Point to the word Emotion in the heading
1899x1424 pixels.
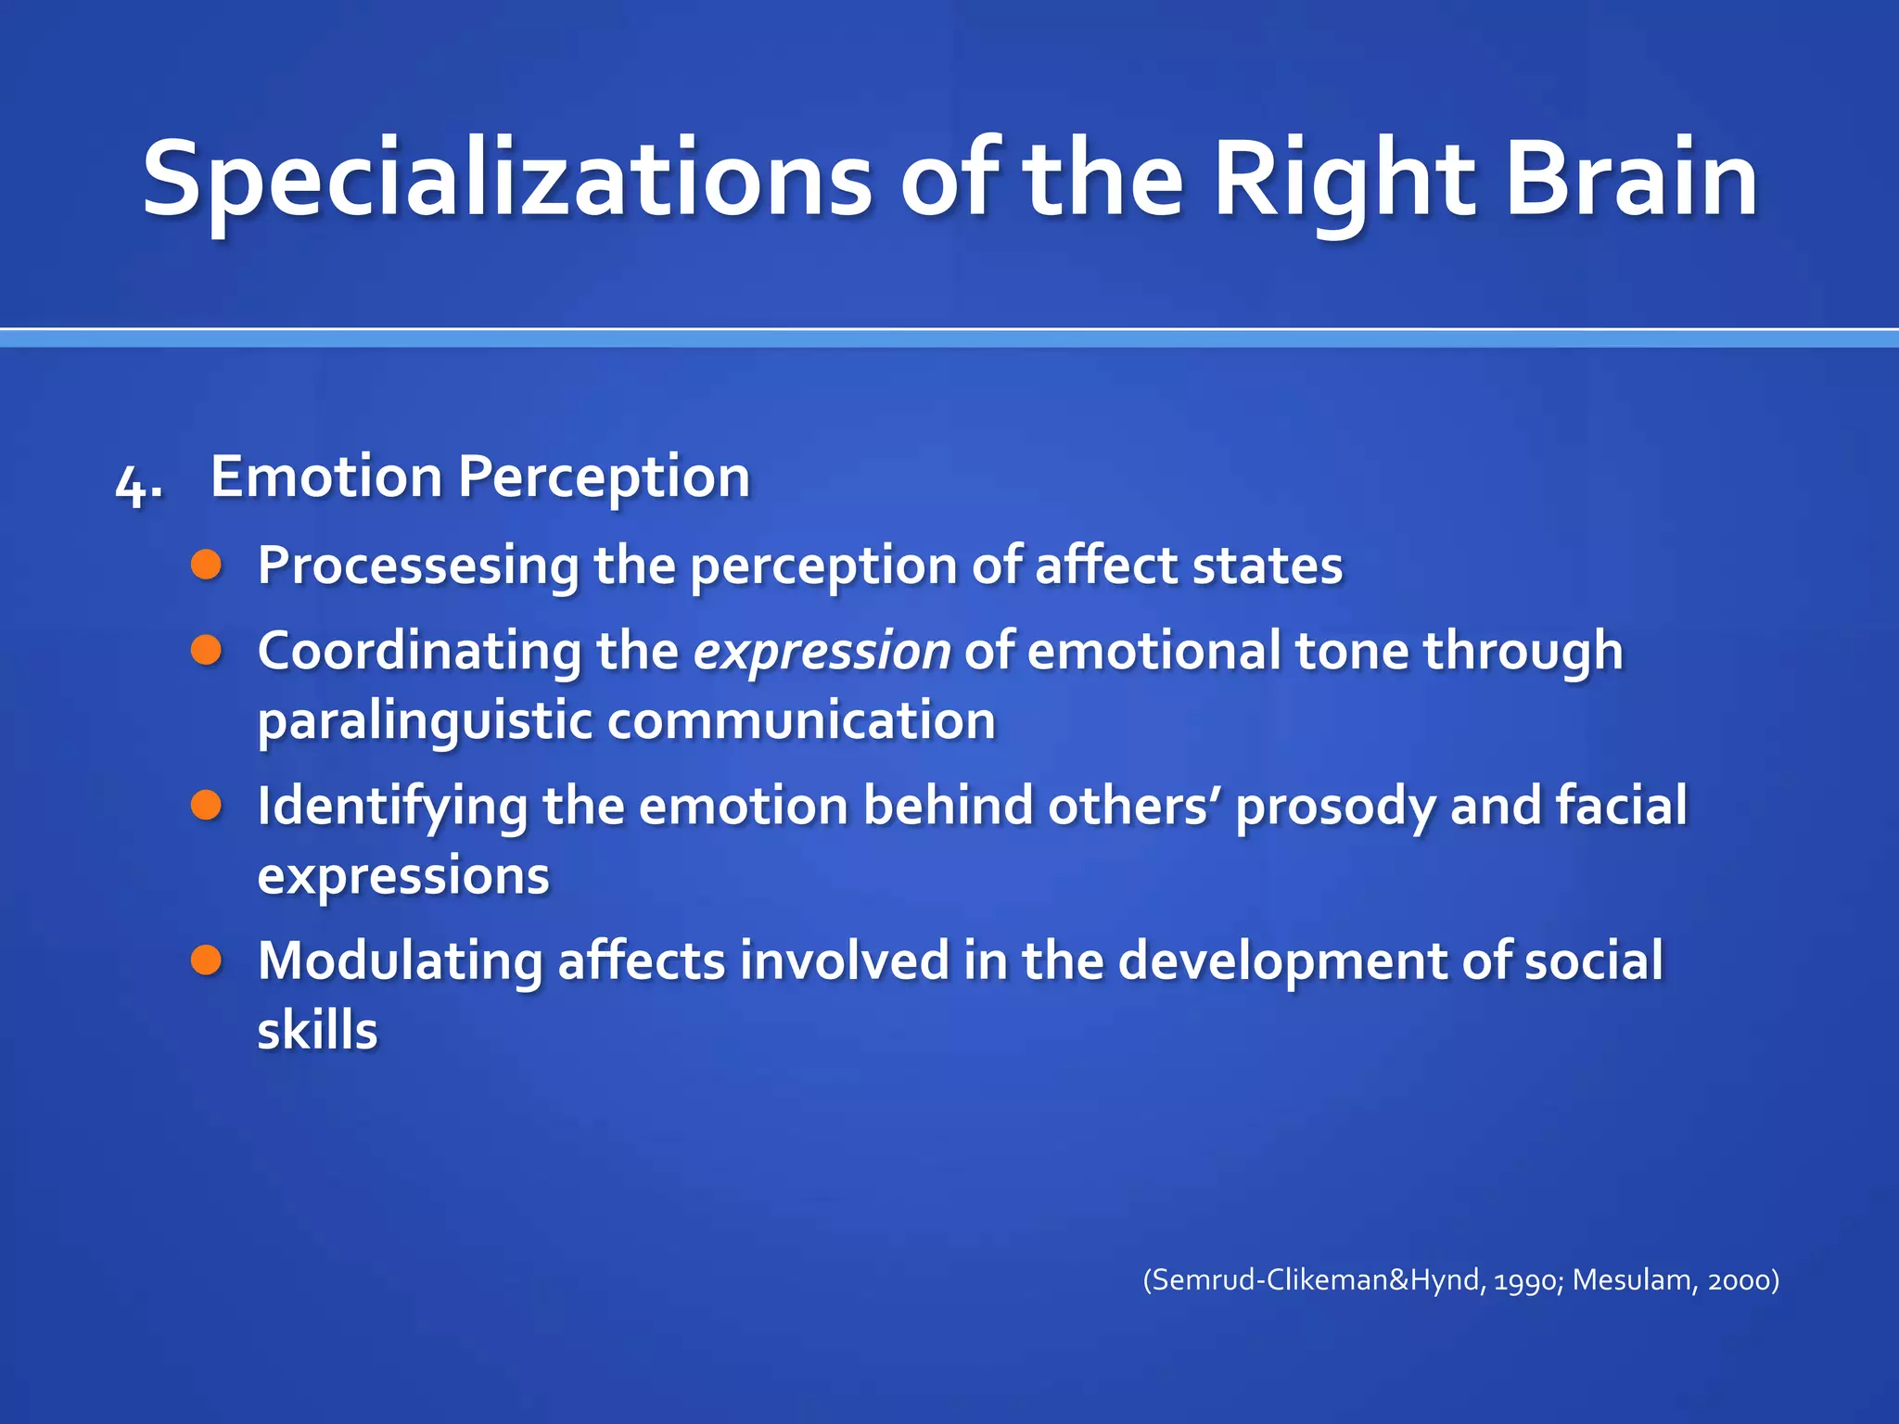(x=326, y=477)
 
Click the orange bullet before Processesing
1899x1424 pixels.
(x=207, y=565)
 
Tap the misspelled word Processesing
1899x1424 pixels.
(x=418, y=566)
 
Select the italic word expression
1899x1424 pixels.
(x=822, y=652)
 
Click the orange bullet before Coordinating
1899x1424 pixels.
(x=207, y=650)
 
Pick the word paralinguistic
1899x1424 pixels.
(x=424, y=722)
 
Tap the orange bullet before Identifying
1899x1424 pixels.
(x=207, y=805)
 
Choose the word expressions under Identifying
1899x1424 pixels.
(x=403, y=877)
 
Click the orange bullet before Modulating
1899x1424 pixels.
(x=207, y=960)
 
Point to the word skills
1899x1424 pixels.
(x=317, y=1031)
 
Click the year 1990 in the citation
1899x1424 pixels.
(x=1528, y=1280)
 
